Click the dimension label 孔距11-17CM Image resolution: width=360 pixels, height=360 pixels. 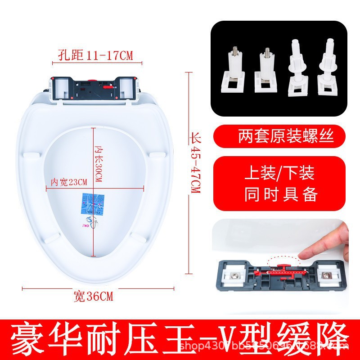pyautogui.click(x=96, y=55)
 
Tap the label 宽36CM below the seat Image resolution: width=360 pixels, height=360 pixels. pyautogui.click(x=93, y=297)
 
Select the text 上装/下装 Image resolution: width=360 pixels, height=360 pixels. pyautogui.click(x=279, y=173)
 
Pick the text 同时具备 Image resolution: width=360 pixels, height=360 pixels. pyautogui.click(x=281, y=194)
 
